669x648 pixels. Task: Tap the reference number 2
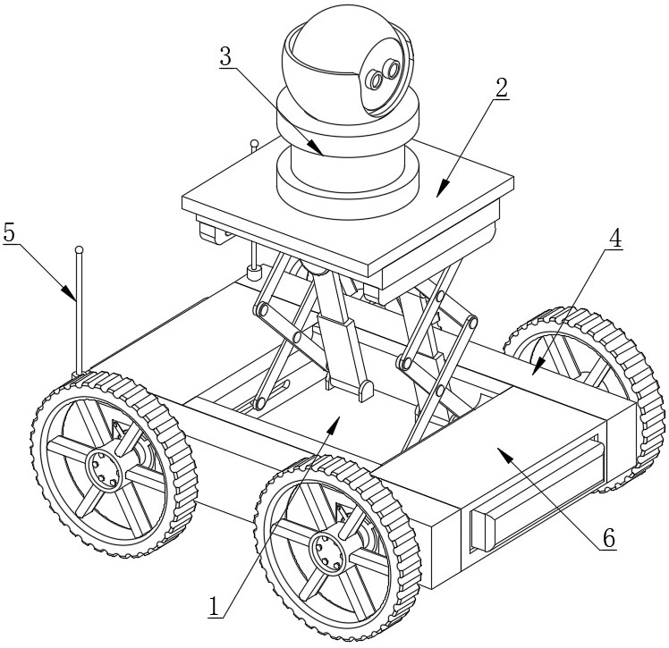501,88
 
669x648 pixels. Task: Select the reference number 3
225,55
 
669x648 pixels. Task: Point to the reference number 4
614,240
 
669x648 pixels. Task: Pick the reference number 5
9,232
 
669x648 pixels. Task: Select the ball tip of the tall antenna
79,249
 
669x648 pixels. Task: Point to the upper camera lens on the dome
391,68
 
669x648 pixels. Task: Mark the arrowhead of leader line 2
444,188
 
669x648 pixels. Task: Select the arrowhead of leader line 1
334,425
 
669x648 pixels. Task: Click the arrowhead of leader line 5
69,293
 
